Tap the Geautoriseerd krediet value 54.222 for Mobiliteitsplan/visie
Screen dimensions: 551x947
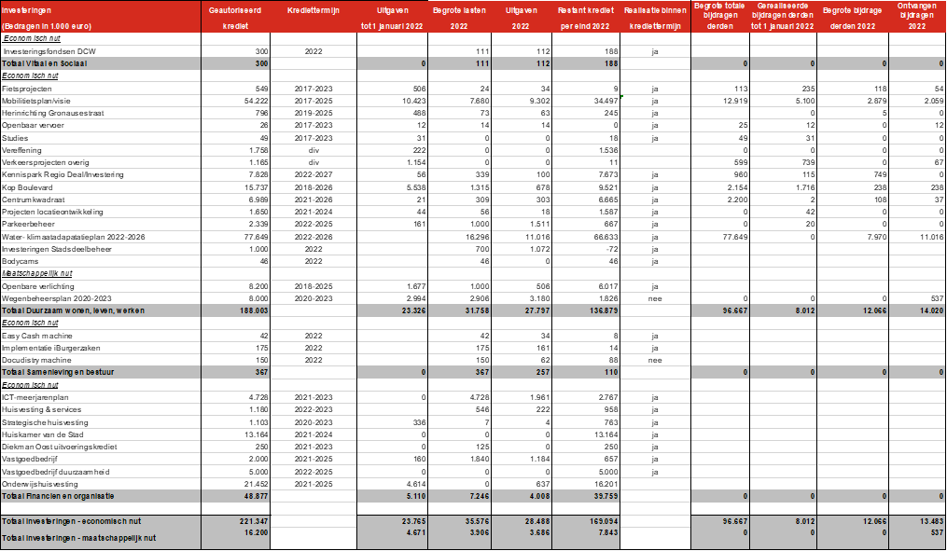[257, 100]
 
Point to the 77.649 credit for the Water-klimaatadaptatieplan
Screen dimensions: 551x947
[257, 237]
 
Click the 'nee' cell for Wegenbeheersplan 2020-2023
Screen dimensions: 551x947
[656, 298]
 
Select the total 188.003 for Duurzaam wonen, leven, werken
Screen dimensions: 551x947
[255, 310]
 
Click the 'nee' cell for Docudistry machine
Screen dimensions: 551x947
[656, 359]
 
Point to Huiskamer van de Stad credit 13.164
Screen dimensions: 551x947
[257, 434]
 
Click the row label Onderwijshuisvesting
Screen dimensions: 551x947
[39, 483]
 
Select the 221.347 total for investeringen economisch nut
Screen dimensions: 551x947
[255, 518]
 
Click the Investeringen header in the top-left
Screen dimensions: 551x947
[27, 8]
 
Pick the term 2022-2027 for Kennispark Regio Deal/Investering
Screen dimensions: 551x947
[313, 174]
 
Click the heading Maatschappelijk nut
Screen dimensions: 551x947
[37, 273]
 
